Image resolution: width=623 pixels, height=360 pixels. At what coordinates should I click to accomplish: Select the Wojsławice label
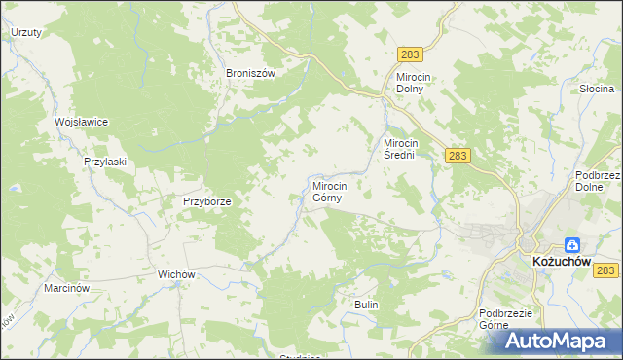tap(81, 122)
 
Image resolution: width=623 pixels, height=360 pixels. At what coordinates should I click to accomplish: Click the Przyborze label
tap(206, 201)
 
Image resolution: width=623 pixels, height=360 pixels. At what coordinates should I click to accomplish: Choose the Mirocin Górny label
tap(337, 191)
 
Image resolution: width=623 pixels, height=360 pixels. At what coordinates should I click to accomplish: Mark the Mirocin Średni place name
tap(404, 149)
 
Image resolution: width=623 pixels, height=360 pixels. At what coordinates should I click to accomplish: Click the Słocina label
tap(594, 89)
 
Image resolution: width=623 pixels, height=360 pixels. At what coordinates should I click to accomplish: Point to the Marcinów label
tap(67, 289)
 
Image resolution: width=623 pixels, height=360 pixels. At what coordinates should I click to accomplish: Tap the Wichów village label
tap(178, 275)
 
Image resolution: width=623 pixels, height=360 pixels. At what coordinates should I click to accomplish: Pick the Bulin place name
tap(366, 305)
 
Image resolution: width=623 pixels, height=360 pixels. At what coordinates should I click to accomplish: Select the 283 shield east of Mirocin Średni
tap(458, 155)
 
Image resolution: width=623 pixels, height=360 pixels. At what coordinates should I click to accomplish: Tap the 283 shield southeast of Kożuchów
tap(607, 270)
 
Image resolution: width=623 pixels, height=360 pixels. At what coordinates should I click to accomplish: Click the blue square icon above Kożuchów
tap(573, 246)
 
